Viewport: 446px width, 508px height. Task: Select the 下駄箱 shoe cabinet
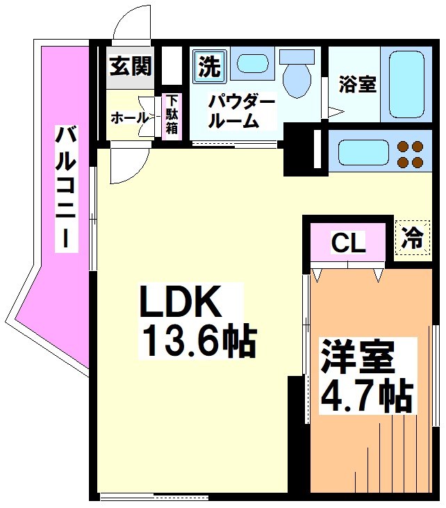point(171,115)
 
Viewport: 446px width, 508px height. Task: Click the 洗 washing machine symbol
point(208,66)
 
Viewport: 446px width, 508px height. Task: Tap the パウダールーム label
point(242,112)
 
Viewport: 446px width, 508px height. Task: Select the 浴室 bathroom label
point(357,85)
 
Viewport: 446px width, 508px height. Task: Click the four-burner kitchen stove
point(409,154)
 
